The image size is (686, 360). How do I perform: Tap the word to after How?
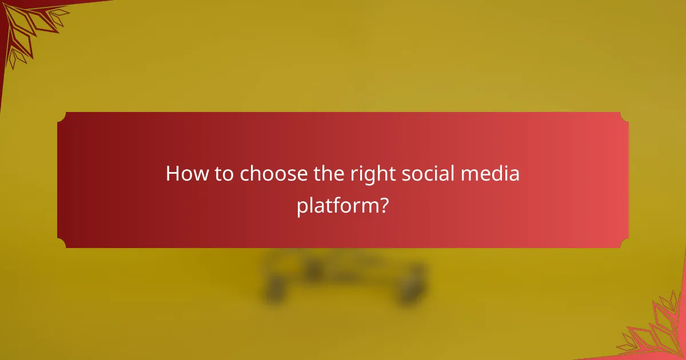coord(224,174)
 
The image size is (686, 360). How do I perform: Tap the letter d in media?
coord(497,174)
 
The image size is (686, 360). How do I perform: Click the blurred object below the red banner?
coord(343,274)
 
